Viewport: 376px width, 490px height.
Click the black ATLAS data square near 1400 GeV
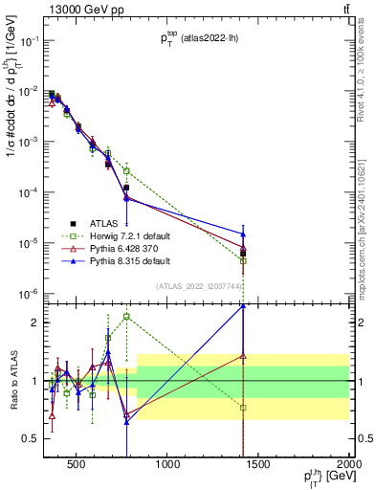243,254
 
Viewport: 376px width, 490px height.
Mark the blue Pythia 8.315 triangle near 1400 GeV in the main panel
243,234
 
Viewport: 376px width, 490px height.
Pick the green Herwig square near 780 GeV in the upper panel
126,170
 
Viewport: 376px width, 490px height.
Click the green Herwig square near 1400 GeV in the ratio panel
243,408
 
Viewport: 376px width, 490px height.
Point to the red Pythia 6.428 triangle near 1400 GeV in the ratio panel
243,356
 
